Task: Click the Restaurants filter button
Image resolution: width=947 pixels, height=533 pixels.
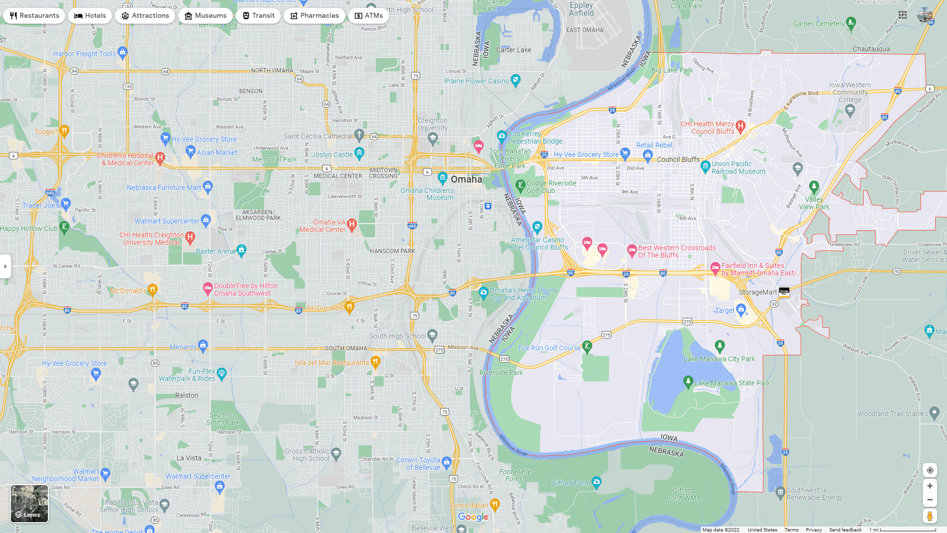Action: (x=34, y=16)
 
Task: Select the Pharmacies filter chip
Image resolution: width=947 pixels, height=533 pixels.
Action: (x=314, y=16)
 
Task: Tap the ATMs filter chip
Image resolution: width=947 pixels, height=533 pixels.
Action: (x=368, y=16)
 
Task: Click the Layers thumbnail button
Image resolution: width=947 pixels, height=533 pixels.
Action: (x=30, y=503)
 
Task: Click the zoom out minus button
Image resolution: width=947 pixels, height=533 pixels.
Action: (x=930, y=500)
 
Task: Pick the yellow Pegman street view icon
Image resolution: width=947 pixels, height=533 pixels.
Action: (x=930, y=516)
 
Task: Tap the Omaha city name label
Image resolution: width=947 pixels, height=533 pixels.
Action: (x=466, y=179)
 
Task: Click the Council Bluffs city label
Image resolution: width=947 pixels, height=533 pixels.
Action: (x=678, y=159)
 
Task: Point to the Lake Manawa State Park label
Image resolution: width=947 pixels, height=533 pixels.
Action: (x=732, y=383)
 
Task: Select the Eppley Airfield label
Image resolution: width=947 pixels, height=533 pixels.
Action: (x=581, y=9)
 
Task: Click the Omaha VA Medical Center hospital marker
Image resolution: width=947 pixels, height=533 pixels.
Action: (x=352, y=225)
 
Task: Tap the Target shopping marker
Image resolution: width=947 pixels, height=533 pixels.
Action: (x=741, y=310)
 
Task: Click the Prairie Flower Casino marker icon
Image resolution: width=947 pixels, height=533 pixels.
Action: (x=515, y=80)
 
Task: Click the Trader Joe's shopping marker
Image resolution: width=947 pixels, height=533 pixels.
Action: (x=66, y=204)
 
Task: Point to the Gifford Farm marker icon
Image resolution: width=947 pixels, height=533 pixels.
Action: (x=596, y=482)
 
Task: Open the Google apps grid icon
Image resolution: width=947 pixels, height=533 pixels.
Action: (x=903, y=15)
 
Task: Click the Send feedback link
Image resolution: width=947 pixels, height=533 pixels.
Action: (x=845, y=530)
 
